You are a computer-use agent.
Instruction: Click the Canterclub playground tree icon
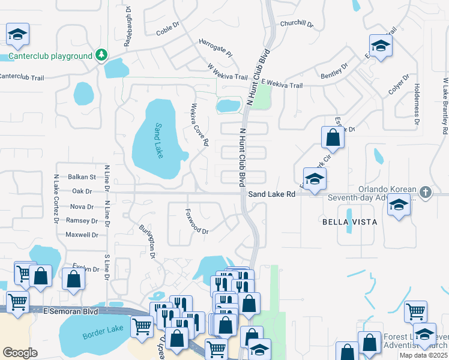pyautogui.click(x=102, y=56)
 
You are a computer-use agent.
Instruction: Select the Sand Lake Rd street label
pyautogui.click(x=272, y=194)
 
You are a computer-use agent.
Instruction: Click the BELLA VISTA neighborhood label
pyautogui.click(x=350, y=222)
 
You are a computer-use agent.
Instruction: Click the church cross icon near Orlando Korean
pyautogui.click(x=426, y=193)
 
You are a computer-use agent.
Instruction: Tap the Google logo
pyautogui.click(x=20, y=353)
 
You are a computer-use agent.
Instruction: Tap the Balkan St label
pyautogui.click(x=82, y=177)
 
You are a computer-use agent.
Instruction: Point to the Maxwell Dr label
pyautogui.click(x=82, y=235)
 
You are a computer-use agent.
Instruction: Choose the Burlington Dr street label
pyautogui.click(x=148, y=241)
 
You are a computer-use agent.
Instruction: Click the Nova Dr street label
pyautogui.click(x=82, y=206)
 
